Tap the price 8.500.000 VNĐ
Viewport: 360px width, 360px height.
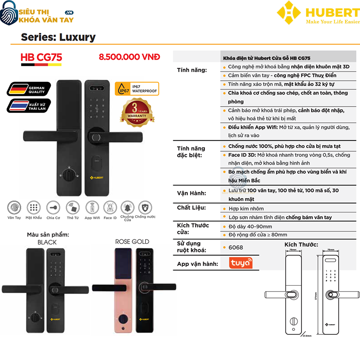tap(129, 57)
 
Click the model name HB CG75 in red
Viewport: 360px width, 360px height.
tap(41, 58)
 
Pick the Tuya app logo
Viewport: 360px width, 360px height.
tap(241, 263)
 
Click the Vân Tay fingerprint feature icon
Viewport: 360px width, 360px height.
tap(14, 208)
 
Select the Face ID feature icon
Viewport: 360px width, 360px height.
tap(110, 208)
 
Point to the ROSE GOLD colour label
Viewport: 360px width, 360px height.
tap(132, 242)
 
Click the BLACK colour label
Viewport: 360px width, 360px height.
tap(47, 242)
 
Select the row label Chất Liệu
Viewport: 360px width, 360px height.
tap(191, 207)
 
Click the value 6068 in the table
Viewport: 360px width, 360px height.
tap(235, 247)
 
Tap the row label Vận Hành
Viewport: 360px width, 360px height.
tap(191, 193)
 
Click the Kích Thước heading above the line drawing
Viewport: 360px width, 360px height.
tap(301, 244)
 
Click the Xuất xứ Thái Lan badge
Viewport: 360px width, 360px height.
tap(27, 107)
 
